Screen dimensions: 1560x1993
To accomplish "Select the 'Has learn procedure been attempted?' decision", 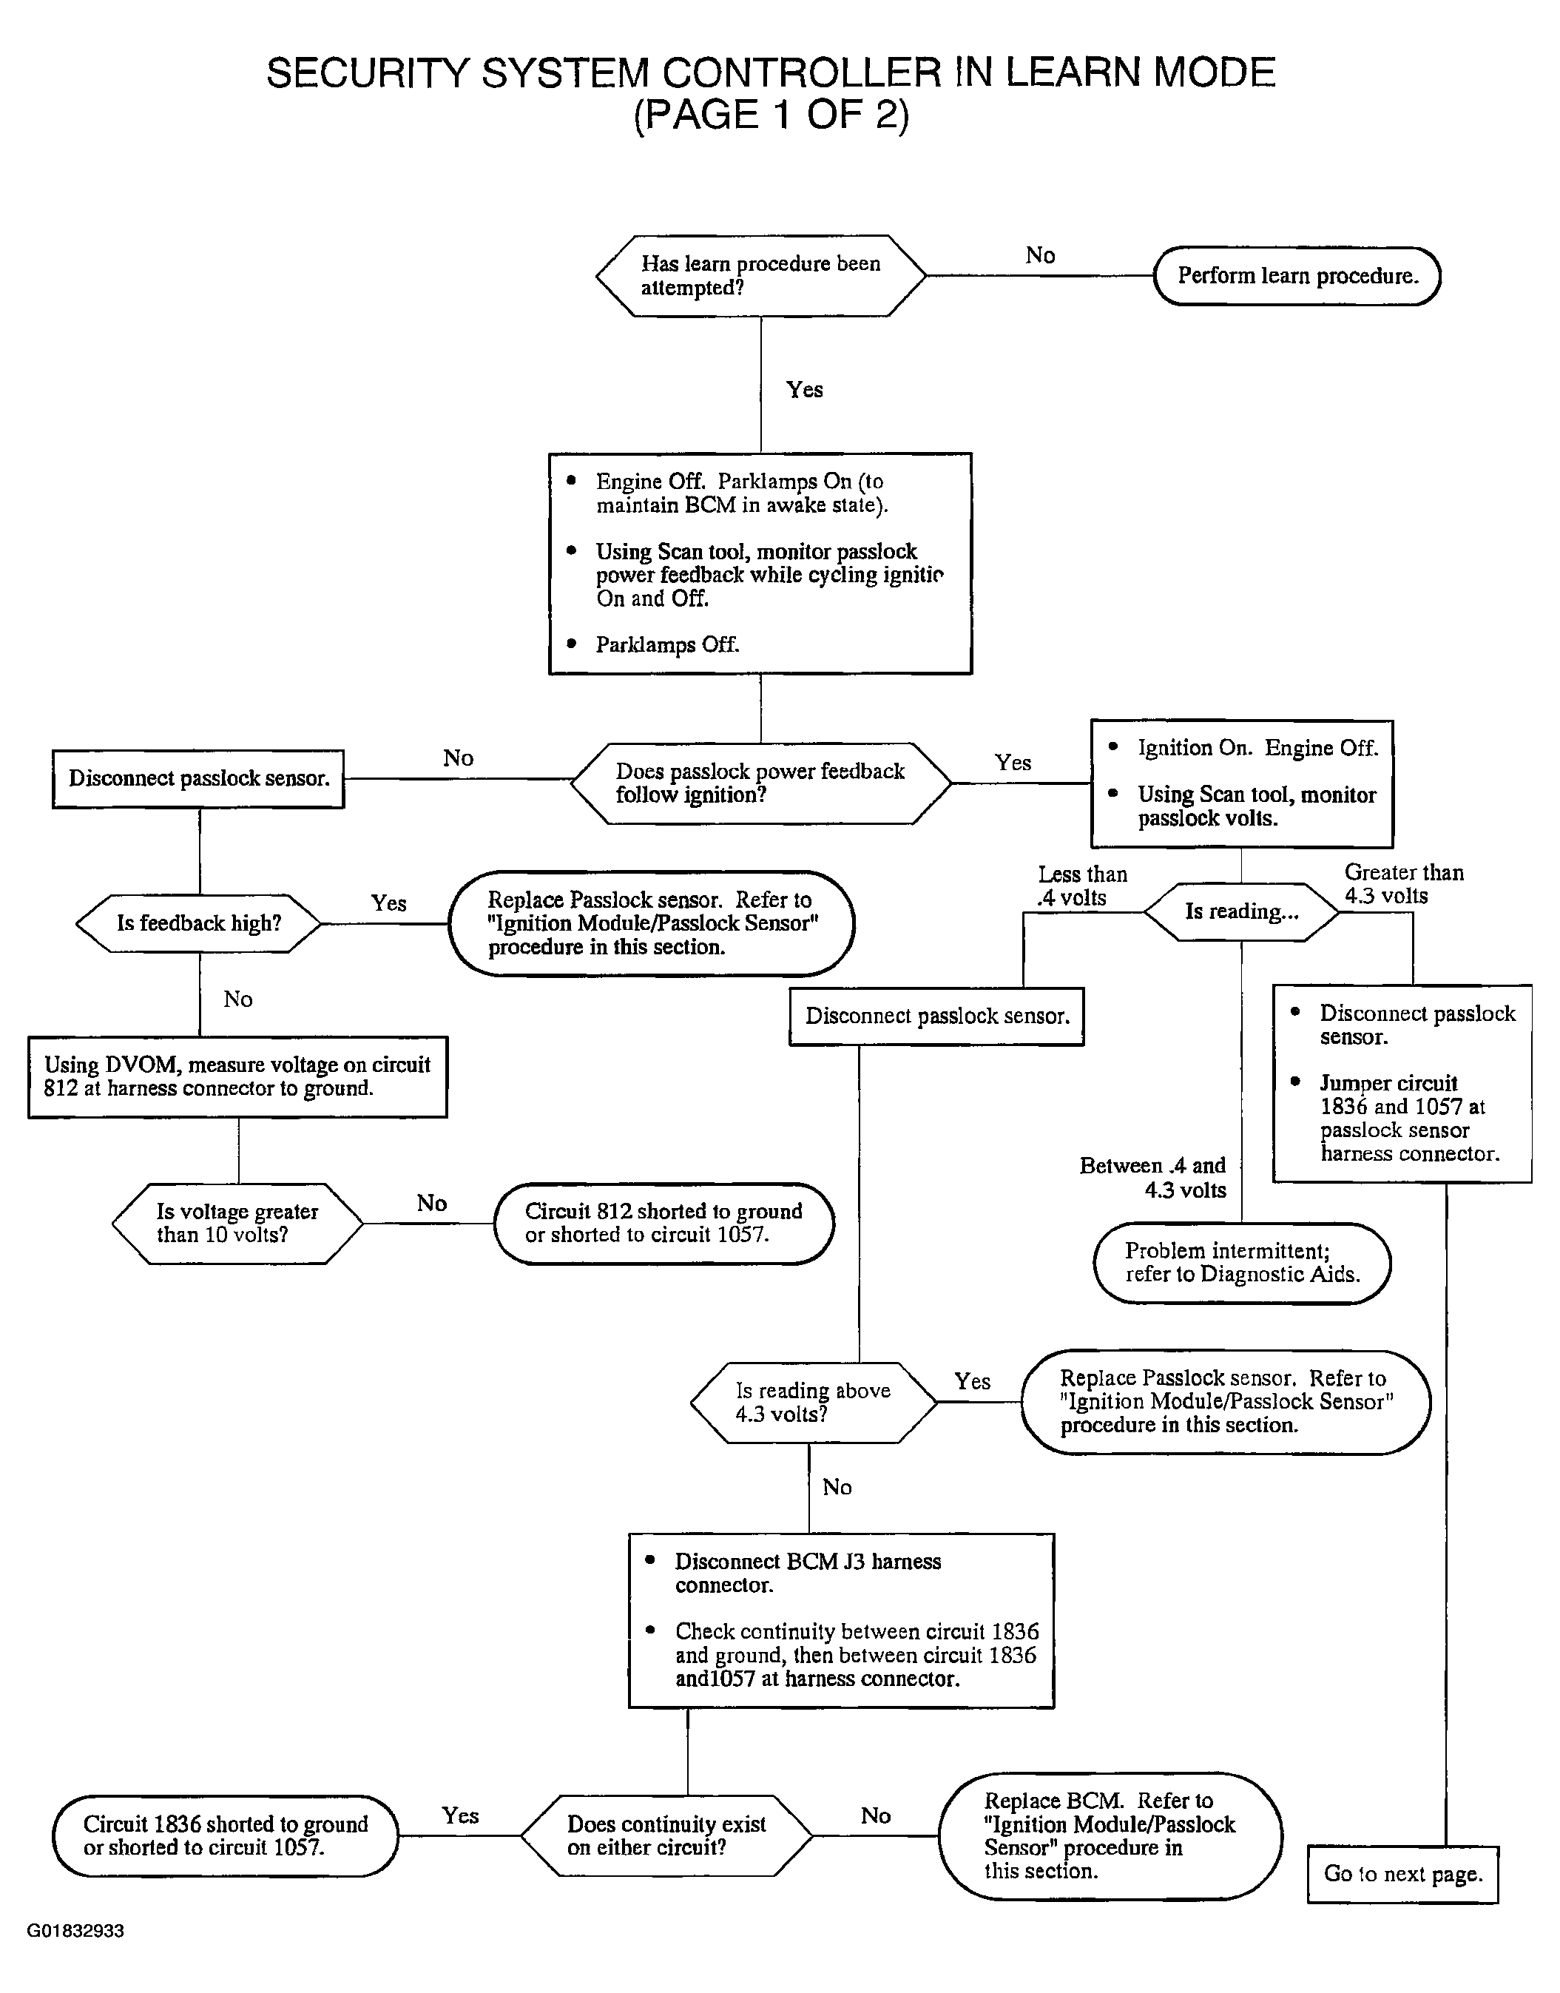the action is (761, 276).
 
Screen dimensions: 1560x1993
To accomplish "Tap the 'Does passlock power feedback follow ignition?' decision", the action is (761, 783).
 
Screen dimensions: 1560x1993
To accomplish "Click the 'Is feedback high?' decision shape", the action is (199, 923).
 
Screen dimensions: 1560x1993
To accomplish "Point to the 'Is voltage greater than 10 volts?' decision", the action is (237, 1223).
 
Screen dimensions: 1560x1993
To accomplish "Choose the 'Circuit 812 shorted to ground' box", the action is (664, 1223).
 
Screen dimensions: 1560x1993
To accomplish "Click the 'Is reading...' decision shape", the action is (1241, 911).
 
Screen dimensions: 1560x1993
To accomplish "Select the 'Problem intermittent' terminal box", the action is (1242, 1264).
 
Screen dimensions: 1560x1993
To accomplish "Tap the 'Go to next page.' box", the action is (1403, 1874).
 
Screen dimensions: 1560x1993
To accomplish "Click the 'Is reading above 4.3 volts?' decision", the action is (814, 1402).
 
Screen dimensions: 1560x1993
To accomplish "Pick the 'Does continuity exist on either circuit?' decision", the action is (666, 1836).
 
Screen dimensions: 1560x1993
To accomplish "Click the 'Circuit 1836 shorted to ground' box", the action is (226, 1836).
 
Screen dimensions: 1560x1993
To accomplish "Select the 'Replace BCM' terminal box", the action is (1110, 1836).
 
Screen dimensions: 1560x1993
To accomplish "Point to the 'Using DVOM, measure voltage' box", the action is (237, 1077).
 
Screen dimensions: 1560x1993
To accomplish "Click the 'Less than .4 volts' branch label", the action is (1082, 886).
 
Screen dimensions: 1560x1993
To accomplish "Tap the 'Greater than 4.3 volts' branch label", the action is (1404, 884).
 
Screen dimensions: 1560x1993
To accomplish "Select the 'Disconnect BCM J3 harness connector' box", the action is (841, 1620).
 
